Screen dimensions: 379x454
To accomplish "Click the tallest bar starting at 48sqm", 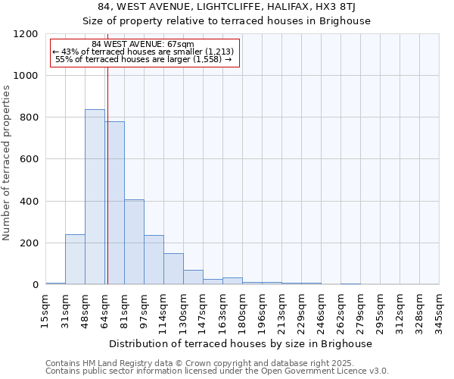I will tap(95, 197).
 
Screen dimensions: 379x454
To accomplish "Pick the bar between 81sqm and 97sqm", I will tap(134, 242).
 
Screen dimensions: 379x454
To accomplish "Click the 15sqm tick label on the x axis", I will tap(45, 310).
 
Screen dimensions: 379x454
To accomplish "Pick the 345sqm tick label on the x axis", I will tap(439, 310).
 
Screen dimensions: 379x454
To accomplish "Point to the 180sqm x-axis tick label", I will tap(242, 310).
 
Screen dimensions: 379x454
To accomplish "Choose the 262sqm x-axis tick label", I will tap(340, 310).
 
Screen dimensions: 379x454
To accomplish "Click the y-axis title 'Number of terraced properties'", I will tap(7, 163).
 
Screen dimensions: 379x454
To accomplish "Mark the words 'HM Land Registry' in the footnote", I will tap(118, 363).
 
